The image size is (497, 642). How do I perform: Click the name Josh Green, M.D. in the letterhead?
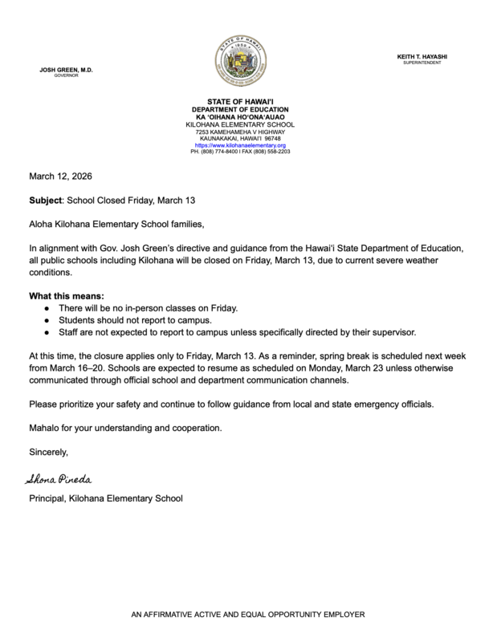(x=66, y=71)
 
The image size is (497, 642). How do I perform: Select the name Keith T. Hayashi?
(x=422, y=55)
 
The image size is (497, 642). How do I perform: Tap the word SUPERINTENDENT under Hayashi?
(x=422, y=62)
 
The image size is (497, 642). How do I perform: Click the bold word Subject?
(x=47, y=197)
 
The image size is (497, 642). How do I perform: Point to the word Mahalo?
(x=45, y=428)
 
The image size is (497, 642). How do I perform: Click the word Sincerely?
(x=49, y=452)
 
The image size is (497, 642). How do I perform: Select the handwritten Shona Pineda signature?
(x=60, y=479)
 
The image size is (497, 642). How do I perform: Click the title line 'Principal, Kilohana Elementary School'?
(x=105, y=498)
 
